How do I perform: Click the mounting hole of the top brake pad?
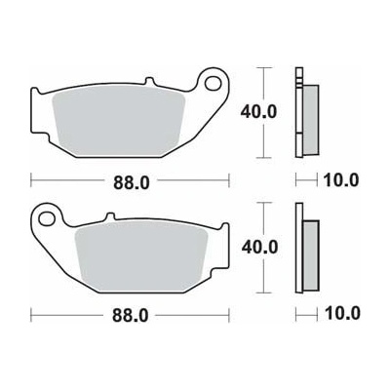tap(213, 83)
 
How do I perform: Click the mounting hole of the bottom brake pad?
tap(47, 218)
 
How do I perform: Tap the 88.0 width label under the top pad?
tap(132, 182)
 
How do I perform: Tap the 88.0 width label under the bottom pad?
tap(130, 316)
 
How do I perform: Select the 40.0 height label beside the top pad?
tap(258, 112)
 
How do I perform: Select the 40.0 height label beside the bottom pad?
tap(259, 248)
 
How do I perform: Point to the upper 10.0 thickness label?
tap(341, 179)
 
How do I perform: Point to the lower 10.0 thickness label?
tap(342, 314)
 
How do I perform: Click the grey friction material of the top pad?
tap(119, 121)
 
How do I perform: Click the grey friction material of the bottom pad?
tap(141, 255)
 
